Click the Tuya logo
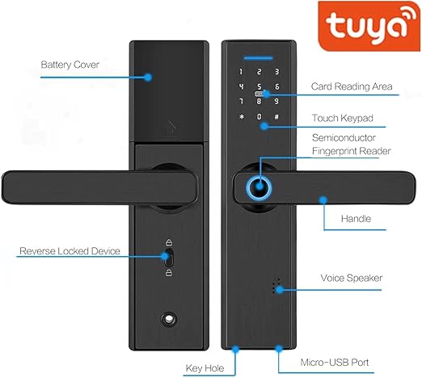(369, 26)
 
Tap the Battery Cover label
(70, 65)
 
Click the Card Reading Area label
(352, 86)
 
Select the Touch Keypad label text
(343, 118)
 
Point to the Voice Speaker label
(352, 278)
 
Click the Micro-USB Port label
(335, 363)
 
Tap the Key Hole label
(205, 368)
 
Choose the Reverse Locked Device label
(70, 251)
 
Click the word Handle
(356, 219)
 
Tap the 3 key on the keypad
(276, 72)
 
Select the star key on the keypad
(242, 117)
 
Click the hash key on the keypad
(276, 117)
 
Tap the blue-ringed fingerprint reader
(260, 187)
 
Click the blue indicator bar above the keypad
(259, 58)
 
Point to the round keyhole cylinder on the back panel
(169, 319)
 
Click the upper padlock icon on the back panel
(169, 242)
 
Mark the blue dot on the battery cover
(148, 78)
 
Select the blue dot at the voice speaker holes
(280, 290)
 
